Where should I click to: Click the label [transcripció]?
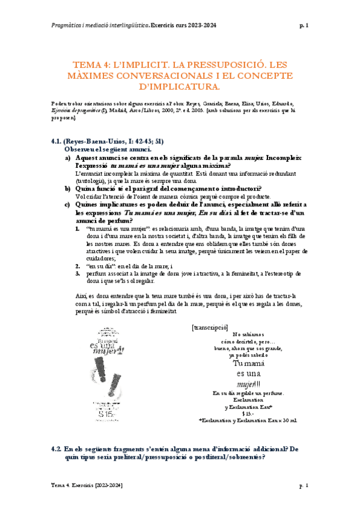pos(210,327)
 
